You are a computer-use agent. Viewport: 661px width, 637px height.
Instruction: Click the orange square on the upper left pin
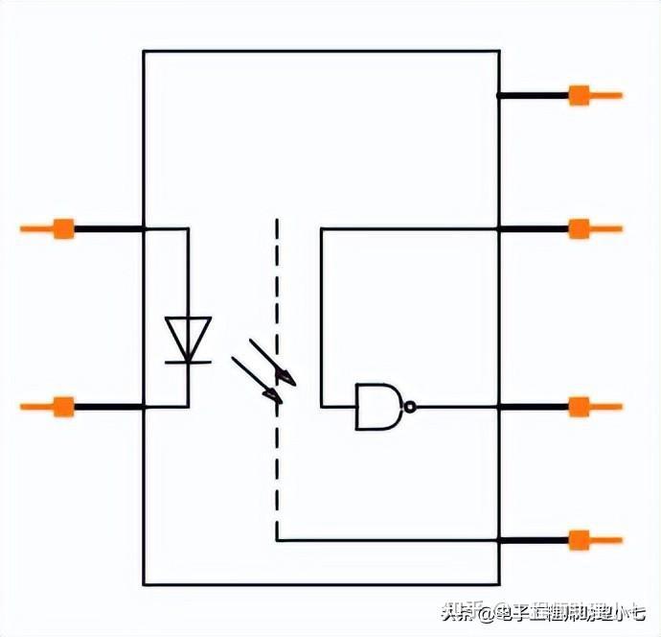63,228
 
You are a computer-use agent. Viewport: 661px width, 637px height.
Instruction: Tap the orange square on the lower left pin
63,406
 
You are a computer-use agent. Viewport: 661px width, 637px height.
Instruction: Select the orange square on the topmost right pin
579,95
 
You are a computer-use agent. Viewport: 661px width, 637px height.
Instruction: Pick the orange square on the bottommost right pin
579,540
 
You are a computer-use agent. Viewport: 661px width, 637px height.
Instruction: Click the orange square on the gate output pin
579,406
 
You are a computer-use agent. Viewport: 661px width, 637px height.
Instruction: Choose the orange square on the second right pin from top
579,228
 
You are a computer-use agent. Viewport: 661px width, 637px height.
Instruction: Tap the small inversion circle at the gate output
410,406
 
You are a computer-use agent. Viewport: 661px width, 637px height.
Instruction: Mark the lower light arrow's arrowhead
274,394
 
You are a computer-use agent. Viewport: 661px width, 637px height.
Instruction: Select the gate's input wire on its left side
337,406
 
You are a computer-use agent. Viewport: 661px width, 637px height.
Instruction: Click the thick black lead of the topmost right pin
533,95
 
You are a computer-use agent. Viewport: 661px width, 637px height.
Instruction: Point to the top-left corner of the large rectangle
144,51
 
